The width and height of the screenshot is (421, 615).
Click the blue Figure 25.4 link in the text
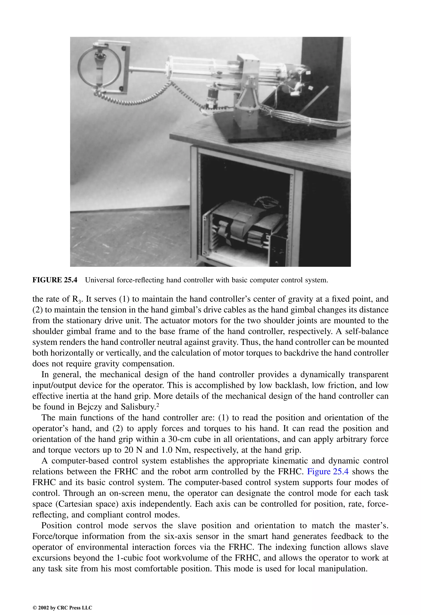pos(327,472)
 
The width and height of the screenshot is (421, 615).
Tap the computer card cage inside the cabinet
pos(244,228)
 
